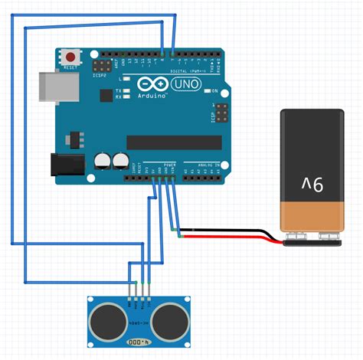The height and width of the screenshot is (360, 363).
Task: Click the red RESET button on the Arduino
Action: point(72,57)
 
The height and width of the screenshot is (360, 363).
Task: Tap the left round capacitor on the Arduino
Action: point(103,161)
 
